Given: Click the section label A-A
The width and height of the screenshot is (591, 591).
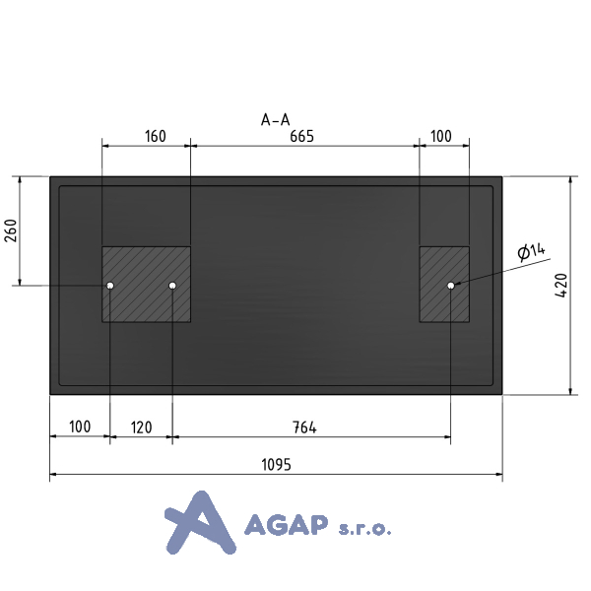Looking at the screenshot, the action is coord(276,120).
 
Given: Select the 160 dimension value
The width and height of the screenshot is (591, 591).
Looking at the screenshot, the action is coord(156,136).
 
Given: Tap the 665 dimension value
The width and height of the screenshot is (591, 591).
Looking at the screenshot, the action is coord(302,136).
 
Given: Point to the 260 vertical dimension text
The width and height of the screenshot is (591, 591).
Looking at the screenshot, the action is coord(11,230).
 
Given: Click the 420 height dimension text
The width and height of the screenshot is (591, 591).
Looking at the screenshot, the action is coord(561,286).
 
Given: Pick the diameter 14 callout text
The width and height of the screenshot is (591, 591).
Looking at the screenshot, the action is coord(532,251).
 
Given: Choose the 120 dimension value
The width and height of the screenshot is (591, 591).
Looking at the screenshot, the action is coord(141,427).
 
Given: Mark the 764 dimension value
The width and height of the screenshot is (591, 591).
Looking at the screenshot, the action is coord(304,427).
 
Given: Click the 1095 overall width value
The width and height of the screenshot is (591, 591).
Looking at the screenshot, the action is coord(276,465).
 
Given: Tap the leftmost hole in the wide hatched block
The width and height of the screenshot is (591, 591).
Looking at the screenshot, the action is coord(110,286).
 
